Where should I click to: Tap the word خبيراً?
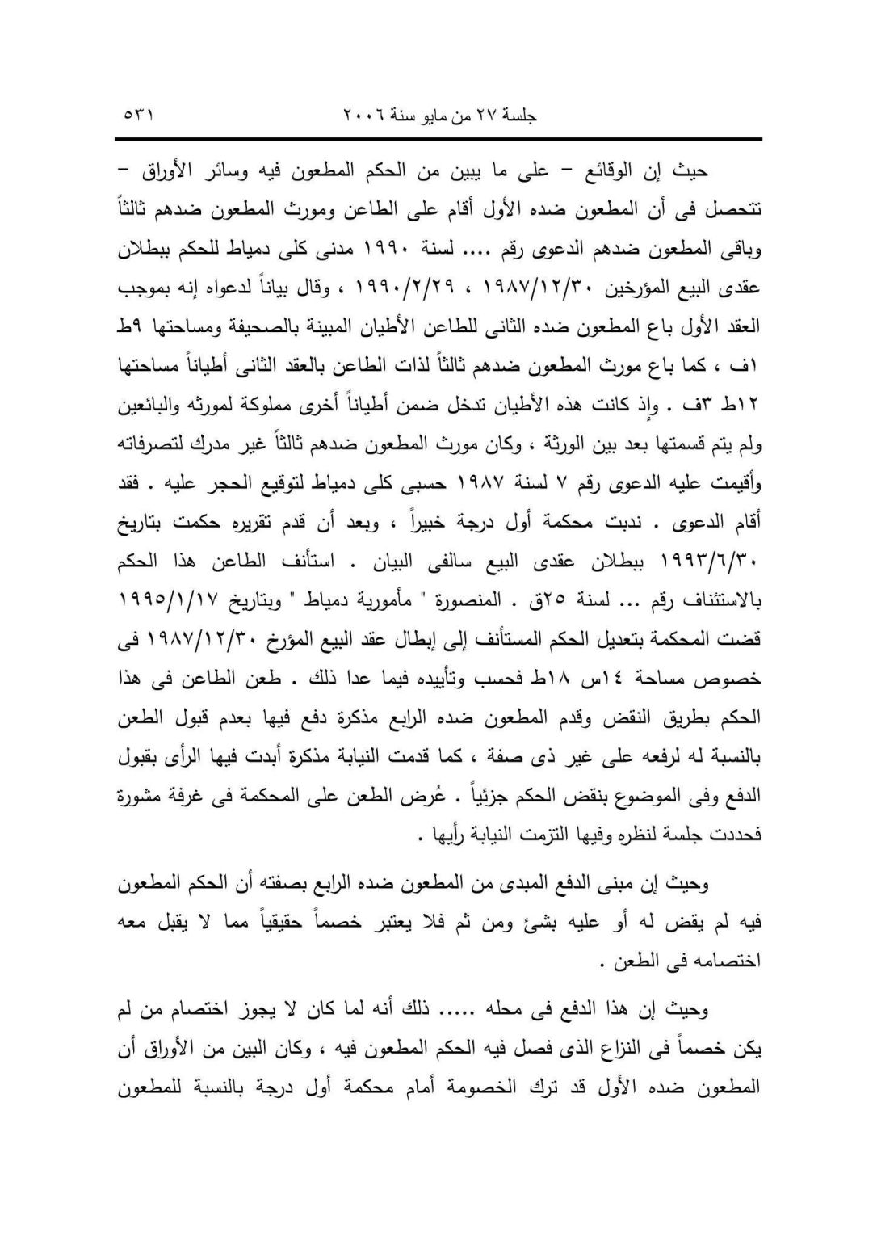(x=436, y=527)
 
